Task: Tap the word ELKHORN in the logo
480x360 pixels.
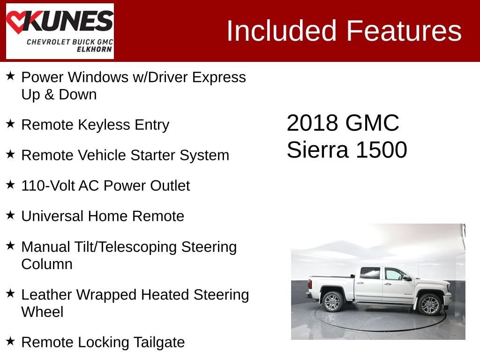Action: [x=94, y=49]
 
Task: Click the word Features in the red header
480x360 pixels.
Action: [x=404, y=30]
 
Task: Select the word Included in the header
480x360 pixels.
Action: [x=282, y=30]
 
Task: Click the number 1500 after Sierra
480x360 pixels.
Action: [x=382, y=150]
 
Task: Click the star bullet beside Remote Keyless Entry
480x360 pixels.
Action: [x=10, y=124]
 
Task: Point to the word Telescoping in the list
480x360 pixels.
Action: [x=138, y=247]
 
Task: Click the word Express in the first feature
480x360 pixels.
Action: [x=219, y=77]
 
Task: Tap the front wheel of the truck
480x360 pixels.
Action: [x=429, y=304]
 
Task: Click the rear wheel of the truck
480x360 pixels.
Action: [x=333, y=301]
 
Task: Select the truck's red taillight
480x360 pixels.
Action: [x=310, y=284]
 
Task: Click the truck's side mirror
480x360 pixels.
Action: [x=407, y=278]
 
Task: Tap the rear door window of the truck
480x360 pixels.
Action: [x=370, y=273]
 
